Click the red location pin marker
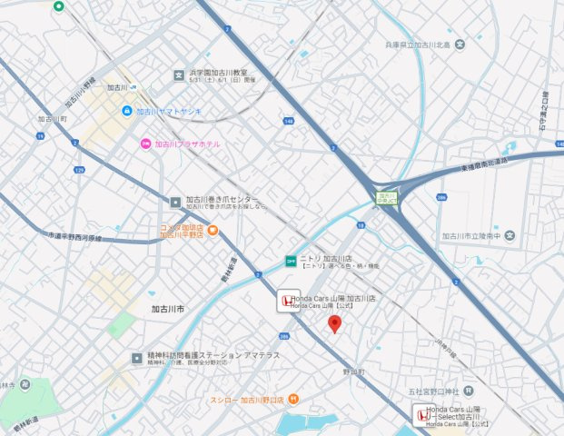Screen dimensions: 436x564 tap(334, 323)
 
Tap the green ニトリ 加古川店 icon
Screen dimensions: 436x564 tap(291, 261)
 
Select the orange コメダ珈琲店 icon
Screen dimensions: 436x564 tap(212, 231)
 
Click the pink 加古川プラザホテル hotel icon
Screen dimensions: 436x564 tap(144, 144)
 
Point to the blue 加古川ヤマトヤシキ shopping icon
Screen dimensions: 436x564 tap(128, 112)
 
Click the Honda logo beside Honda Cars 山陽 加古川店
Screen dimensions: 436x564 tap(284, 302)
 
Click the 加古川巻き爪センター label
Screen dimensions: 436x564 tap(222, 200)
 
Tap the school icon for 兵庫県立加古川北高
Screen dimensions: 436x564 tap(460, 45)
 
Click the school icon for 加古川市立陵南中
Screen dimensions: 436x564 tap(510, 237)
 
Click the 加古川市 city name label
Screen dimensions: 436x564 tap(168, 310)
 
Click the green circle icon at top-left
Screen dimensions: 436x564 tap(59, 6)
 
